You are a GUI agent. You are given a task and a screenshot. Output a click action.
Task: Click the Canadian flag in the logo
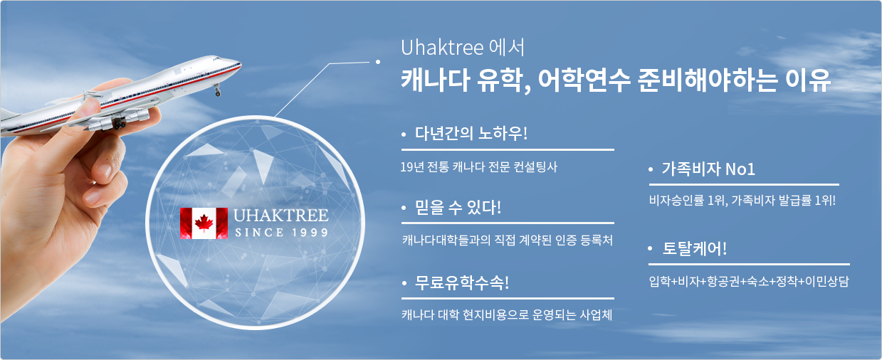point(204,223)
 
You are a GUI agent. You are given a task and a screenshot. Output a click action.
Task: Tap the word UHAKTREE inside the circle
point(280,216)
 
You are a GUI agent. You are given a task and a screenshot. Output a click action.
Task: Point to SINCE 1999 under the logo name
point(281,233)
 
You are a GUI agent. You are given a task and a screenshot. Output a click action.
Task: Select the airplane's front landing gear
point(217,91)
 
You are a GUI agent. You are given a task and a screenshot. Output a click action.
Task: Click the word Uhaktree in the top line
point(442,48)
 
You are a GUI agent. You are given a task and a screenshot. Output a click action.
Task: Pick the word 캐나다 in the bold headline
point(435,80)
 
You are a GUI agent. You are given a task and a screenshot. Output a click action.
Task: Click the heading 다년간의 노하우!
point(471,133)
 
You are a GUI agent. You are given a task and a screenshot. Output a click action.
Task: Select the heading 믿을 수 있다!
point(458,207)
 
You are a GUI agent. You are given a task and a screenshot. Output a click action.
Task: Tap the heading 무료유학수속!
point(462,282)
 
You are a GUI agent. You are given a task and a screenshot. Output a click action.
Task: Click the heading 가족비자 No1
point(708,169)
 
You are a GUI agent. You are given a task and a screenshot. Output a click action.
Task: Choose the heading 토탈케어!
point(694,248)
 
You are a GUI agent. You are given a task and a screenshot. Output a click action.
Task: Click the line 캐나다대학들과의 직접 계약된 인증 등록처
point(507,240)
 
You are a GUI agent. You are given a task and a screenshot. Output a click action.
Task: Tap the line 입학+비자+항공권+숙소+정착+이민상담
point(748,281)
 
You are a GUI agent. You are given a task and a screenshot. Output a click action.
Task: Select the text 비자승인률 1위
point(687,201)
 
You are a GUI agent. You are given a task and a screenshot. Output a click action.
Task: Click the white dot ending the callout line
point(378,62)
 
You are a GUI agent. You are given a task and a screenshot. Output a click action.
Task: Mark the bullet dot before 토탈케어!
point(651,248)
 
